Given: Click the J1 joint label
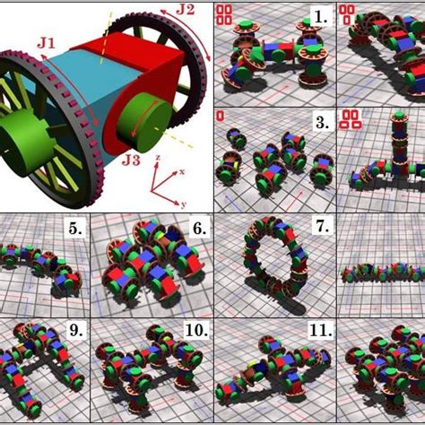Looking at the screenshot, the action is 47,43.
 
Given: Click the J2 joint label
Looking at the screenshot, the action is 186,9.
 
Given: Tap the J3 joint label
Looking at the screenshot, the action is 131,160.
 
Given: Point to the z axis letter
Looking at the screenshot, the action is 158,157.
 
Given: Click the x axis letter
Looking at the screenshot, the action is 182,171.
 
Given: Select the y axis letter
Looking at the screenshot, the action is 183,204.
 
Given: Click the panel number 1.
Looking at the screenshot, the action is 321,18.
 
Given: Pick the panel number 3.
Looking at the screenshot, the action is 323,122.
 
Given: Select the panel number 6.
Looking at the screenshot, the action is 199,229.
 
